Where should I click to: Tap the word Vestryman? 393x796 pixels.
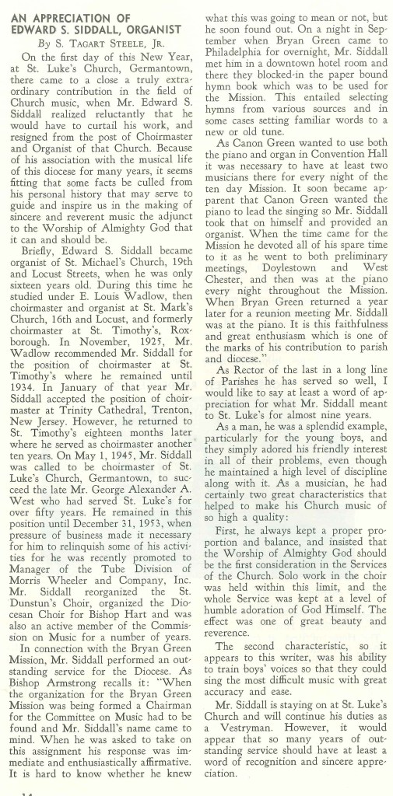[251, 741]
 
